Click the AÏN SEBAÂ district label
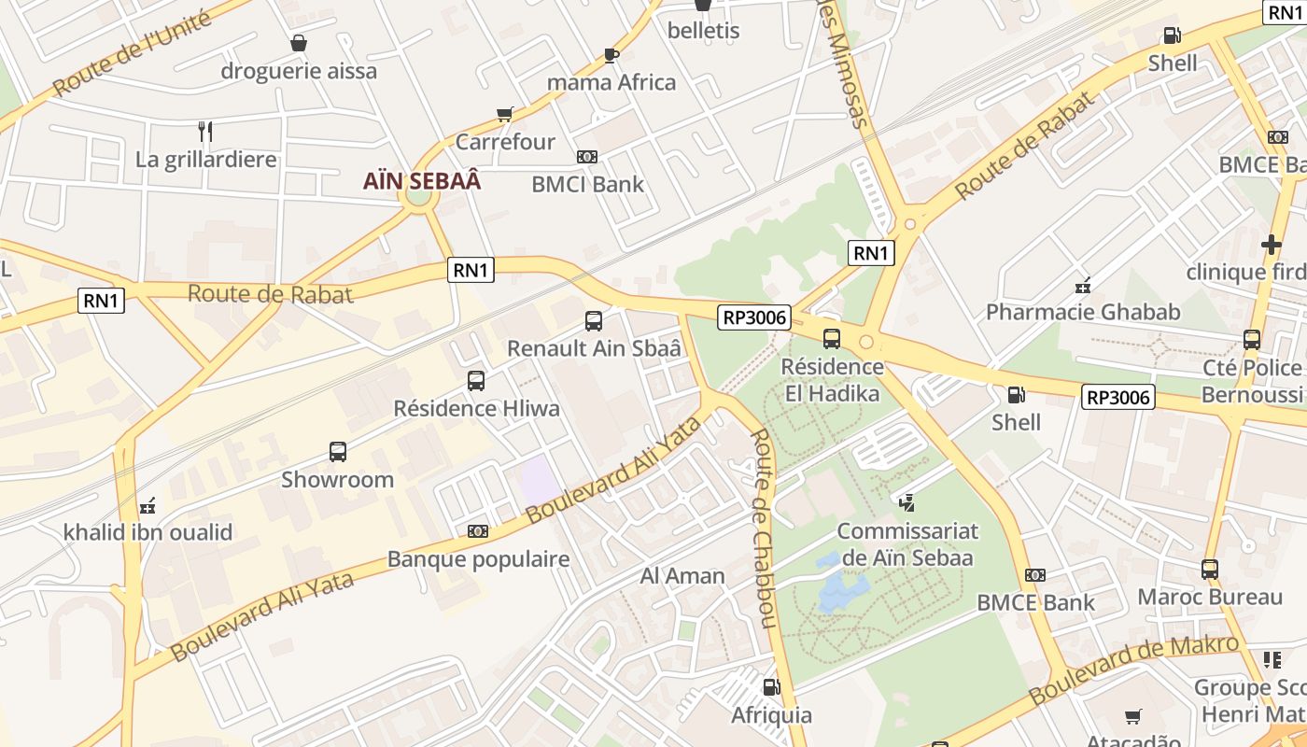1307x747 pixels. click(422, 181)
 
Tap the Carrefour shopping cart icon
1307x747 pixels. click(505, 115)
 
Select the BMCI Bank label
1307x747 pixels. click(587, 184)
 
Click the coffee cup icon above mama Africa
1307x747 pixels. click(611, 55)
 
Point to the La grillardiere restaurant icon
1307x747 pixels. click(205, 132)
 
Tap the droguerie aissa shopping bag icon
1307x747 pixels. click(299, 43)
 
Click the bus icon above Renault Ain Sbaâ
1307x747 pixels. click(593, 321)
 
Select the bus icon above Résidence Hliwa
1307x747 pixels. click(476, 380)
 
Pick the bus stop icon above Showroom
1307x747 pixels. click(338, 452)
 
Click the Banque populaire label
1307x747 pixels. click(478, 559)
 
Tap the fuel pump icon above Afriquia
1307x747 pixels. click(771, 687)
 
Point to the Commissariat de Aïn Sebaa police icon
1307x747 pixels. click(906, 503)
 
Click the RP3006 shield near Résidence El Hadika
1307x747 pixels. click(754, 317)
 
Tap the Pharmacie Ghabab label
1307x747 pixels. click(1083, 312)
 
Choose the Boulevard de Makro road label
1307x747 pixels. click(1134, 670)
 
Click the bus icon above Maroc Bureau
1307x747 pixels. click(1210, 569)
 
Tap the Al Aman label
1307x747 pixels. click(682, 576)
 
